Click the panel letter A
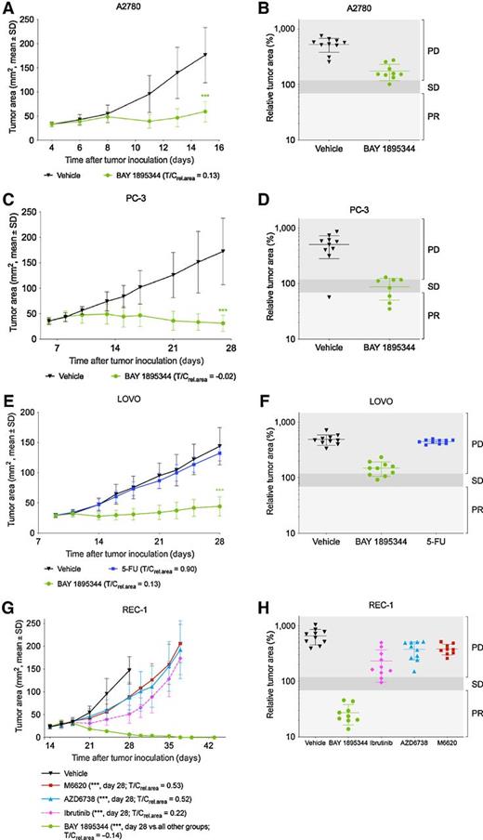point(7,8)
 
